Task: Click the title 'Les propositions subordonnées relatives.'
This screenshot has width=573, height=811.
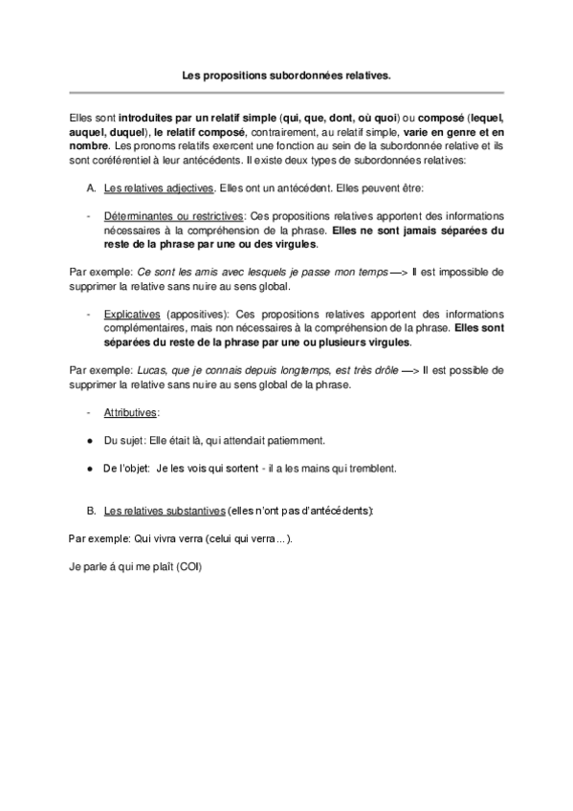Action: [287, 72]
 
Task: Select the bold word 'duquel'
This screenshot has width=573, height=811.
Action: [125, 131]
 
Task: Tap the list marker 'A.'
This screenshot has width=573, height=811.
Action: [91, 188]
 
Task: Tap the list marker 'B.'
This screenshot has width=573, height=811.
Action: [91, 511]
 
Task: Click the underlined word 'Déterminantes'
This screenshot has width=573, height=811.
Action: [139, 218]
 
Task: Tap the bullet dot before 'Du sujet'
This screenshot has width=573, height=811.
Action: [89, 441]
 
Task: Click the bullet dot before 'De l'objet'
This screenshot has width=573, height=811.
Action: [89, 469]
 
